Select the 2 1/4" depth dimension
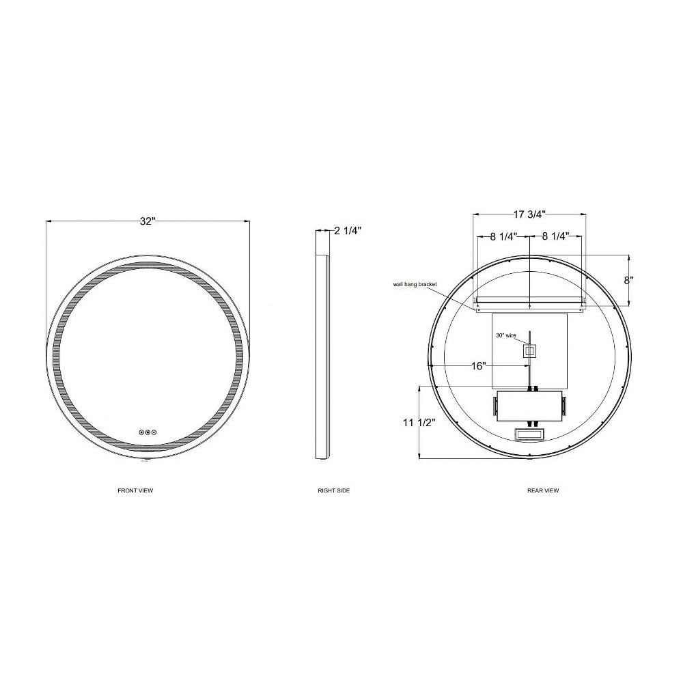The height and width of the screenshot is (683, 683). (x=348, y=230)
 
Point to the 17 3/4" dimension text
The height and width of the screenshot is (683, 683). (x=529, y=214)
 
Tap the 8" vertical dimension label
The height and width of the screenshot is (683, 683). (x=628, y=280)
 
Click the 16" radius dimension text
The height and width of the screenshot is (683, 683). (x=478, y=366)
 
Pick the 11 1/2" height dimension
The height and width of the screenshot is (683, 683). (x=419, y=422)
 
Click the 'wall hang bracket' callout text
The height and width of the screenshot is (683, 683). (x=415, y=284)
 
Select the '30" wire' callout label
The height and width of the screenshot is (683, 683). (x=506, y=335)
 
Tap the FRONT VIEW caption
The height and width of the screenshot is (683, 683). (x=135, y=490)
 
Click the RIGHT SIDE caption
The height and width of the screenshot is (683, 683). (x=334, y=490)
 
